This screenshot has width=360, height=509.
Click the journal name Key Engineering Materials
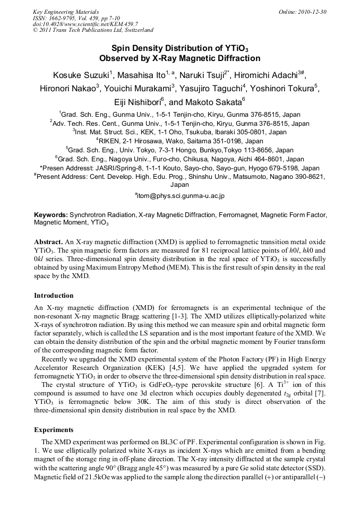click(66, 12)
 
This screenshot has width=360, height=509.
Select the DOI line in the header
click(85, 24)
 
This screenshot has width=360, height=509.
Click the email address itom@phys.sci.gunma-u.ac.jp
click(181, 196)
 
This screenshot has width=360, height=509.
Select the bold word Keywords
click(51, 215)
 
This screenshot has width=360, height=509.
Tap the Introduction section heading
click(54, 295)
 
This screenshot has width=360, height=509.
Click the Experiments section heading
click(54, 430)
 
